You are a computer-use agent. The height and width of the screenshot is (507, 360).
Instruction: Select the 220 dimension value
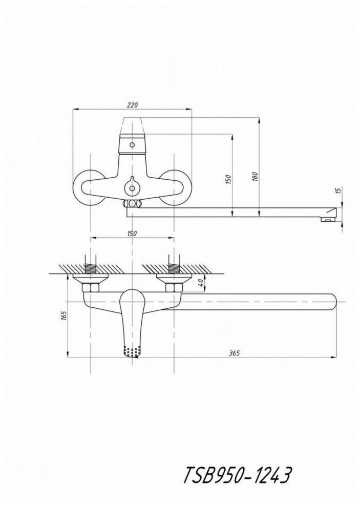point(133,105)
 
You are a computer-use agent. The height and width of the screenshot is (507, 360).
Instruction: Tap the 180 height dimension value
point(255,177)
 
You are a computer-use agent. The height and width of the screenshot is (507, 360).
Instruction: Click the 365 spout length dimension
point(234,353)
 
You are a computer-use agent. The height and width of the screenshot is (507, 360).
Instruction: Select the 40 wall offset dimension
point(201,283)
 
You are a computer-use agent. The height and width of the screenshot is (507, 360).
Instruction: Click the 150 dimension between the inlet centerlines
point(132,234)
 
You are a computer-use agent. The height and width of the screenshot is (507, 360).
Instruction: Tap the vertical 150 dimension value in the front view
point(228,180)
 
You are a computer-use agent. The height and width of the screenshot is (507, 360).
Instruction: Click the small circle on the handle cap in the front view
point(132,144)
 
